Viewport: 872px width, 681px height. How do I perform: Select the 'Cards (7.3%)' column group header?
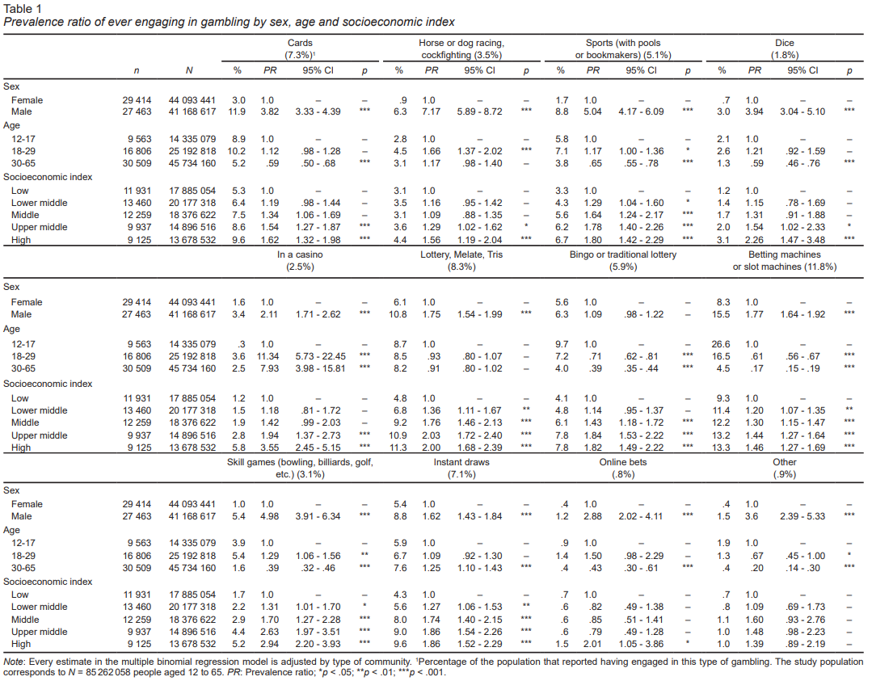pos(301,48)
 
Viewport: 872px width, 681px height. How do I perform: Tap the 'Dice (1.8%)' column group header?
pos(784,48)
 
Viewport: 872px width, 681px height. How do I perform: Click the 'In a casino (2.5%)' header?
pos(301,260)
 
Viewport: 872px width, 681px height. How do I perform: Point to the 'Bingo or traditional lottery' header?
pos(622,254)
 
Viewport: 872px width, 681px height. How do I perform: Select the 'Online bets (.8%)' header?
pos(622,468)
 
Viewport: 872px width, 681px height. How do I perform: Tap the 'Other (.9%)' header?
pos(784,468)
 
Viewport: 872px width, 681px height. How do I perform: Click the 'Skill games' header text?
pos(301,462)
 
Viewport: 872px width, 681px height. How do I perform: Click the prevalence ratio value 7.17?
pos(432,111)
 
